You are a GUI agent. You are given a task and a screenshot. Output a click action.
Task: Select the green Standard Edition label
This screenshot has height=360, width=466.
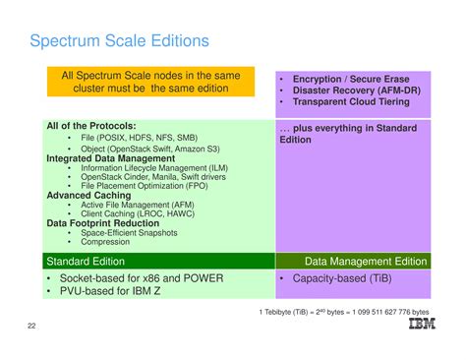click(x=86, y=262)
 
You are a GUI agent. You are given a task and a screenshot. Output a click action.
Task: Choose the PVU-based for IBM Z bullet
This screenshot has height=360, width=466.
click(x=116, y=292)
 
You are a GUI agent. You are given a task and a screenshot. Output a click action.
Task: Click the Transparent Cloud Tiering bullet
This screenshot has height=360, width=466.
click(x=350, y=102)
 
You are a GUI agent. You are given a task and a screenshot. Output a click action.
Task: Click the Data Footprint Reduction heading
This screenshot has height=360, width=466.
click(x=103, y=223)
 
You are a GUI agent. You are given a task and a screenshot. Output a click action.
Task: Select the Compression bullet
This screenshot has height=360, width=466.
click(x=105, y=242)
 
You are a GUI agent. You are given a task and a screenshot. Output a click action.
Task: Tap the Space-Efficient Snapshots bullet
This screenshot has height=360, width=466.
click(x=129, y=233)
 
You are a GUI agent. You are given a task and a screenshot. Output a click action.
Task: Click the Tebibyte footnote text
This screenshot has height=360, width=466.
click(x=344, y=313)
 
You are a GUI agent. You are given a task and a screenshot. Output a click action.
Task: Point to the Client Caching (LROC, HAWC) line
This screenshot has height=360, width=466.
click(x=137, y=213)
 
